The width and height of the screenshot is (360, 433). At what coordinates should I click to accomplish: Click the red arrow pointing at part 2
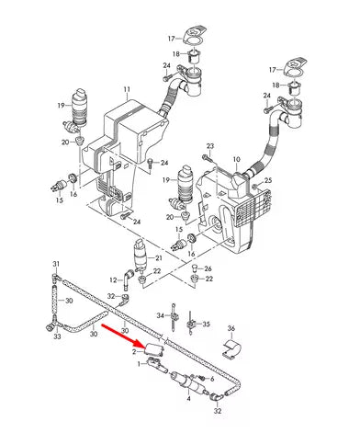[x=124, y=336]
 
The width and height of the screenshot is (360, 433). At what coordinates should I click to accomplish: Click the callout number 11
[x=127, y=89]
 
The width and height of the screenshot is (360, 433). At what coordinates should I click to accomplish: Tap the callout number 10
[x=237, y=159]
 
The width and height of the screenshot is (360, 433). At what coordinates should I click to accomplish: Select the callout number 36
[x=231, y=328]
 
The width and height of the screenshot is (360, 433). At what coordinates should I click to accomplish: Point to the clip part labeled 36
[x=231, y=348]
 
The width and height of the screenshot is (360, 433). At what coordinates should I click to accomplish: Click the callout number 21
[x=159, y=258]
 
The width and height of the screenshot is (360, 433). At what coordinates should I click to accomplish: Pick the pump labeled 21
[x=141, y=255]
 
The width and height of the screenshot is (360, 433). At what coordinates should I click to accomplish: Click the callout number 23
[x=210, y=146]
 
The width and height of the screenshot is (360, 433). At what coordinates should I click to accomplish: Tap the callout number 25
[x=268, y=180]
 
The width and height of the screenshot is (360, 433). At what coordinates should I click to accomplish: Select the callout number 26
[x=208, y=268]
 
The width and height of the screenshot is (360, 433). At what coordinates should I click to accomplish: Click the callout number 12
[x=113, y=279]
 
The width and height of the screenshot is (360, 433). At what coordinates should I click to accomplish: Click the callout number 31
[x=56, y=264]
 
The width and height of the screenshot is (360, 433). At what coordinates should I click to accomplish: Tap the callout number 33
[x=57, y=336]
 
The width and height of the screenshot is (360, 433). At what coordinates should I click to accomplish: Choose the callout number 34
[x=161, y=315]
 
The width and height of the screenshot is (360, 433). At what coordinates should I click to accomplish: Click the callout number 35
[x=206, y=324]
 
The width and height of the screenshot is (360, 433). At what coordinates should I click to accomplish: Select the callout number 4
[x=188, y=399]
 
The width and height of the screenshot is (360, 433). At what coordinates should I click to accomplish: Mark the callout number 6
[x=212, y=379]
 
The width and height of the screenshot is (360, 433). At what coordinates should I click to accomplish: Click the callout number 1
[x=140, y=364]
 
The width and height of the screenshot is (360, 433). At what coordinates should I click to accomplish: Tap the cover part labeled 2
[x=154, y=349]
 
